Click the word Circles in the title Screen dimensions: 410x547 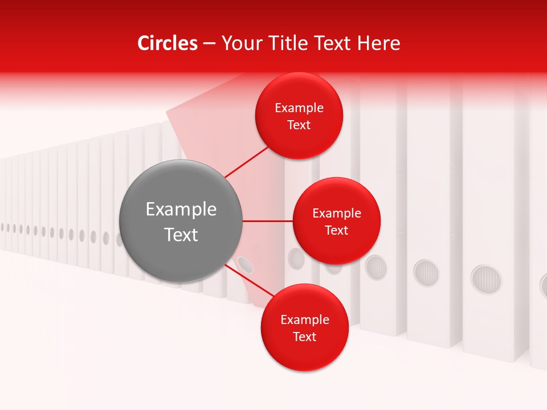pos(168,43)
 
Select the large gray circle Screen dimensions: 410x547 pos(181,221)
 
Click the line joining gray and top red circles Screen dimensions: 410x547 pos(247,161)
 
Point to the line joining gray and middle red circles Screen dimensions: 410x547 pos(267,221)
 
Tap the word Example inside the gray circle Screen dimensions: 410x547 pos(181,210)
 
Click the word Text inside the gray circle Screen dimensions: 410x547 pos(181,235)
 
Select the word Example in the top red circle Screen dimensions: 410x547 pos(299,108)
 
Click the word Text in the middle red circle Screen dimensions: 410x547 pos(336,231)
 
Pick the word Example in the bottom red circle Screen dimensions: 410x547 pos(305,320)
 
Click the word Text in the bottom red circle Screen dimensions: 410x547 pos(305,337)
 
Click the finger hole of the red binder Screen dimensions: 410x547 pos(246,264)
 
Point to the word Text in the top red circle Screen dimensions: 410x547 pos(299,125)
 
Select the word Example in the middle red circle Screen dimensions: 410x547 pos(336,214)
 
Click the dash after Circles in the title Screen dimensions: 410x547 pos(209,43)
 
